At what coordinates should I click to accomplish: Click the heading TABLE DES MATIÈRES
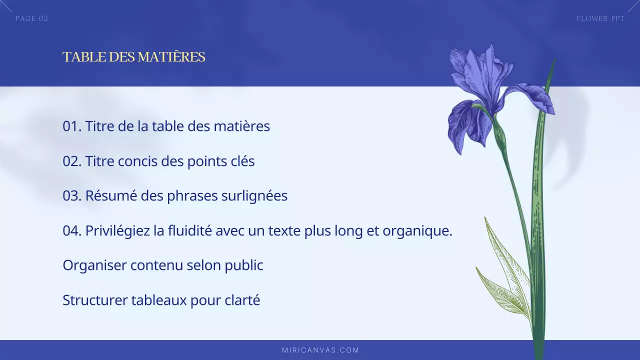pyautogui.click(x=133, y=57)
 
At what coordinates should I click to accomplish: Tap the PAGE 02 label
pyautogui.click(x=31, y=18)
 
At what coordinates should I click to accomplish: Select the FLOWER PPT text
pyautogui.click(x=600, y=18)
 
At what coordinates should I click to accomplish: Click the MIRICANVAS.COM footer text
pyautogui.click(x=320, y=350)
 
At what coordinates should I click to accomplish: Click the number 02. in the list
pyautogui.click(x=72, y=161)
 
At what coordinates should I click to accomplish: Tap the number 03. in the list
pyautogui.click(x=72, y=196)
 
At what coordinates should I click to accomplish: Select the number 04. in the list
pyautogui.click(x=72, y=231)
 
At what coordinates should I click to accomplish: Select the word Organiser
pyautogui.click(x=94, y=265)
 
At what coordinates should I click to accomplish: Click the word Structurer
pyautogui.click(x=95, y=300)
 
